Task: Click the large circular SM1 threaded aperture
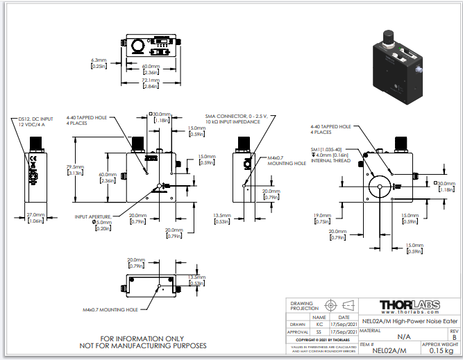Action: point(381,185)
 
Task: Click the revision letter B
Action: point(454,336)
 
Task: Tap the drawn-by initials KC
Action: point(319,323)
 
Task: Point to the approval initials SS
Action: point(319,332)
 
